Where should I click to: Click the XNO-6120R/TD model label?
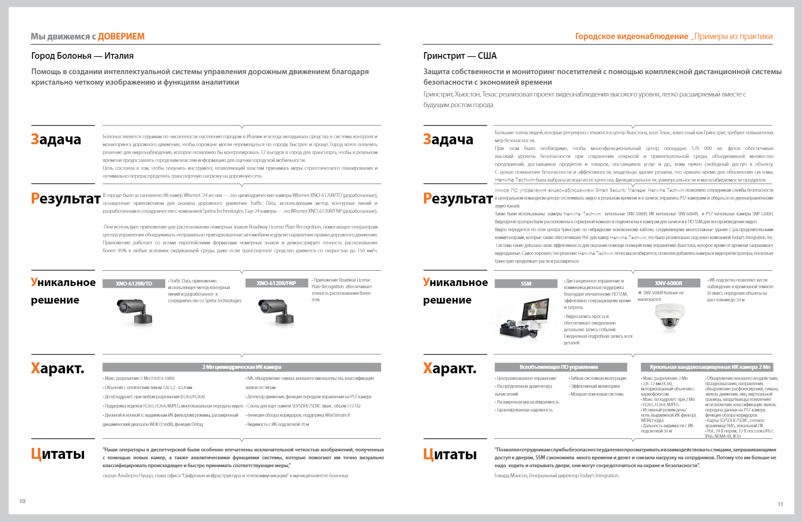pos(134,283)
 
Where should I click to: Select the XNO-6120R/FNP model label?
pos(276,283)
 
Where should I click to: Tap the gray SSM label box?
pos(526,283)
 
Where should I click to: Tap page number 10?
pos(22,501)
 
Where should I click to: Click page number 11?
pos(781,504)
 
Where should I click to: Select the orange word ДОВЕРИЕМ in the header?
pos(121,36)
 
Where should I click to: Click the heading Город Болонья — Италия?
pos(82,56)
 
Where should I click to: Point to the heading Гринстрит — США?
pos(460,56)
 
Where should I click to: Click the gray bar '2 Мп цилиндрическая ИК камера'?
pos(242,367)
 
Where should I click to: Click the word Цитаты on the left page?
pos(58,454)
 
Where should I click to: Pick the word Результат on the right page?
pos(458,198)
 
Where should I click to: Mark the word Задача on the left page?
pos(56,139)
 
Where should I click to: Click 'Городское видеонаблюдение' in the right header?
pos(631,36)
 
